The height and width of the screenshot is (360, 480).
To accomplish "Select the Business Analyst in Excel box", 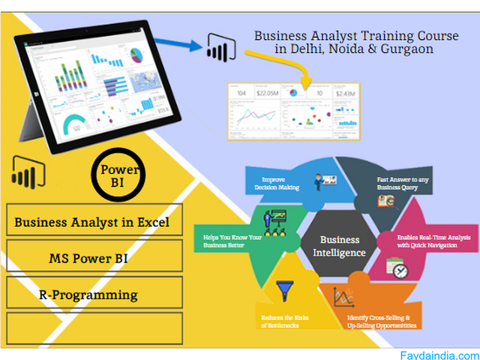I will click(x=93, y=222).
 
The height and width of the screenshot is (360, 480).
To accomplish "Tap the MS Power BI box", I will click(x=93, y=259).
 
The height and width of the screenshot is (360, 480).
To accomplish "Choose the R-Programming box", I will click(x=93, y=295).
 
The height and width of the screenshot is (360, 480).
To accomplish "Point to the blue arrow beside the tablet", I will click(x=205, y=46).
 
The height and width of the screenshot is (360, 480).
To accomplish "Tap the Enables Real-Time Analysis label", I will click(x=433, y=241).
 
